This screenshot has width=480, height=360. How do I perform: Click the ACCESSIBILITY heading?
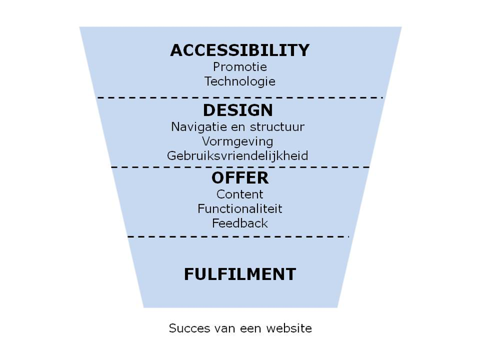[x=239, y=50]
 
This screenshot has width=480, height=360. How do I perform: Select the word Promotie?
[x=239, y=67]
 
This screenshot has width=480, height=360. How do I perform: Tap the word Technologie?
[x=239, y=82]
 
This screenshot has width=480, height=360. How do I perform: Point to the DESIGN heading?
[x=238, y=110]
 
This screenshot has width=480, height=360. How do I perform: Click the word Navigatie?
[x=199, y=127]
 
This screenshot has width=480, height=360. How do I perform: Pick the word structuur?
[x=277, y=127]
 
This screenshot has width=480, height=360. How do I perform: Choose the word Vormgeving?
[x=237, y=141]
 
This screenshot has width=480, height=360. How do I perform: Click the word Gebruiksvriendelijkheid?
[x=237, y=156]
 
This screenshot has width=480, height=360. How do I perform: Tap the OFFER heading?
[x=239, y=178]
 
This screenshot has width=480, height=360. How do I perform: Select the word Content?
[x=239, y=194]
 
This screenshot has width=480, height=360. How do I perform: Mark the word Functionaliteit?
[x=239, y=209]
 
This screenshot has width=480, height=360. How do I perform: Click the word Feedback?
[x=239, y=223]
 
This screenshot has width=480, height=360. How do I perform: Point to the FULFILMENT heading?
[x=239, y=274]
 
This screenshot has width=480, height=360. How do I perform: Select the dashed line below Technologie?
[x=240, y=97]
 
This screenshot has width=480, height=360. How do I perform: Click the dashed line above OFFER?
[x=241, y=167]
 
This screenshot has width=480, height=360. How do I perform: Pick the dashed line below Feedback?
[x=238, y=237]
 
